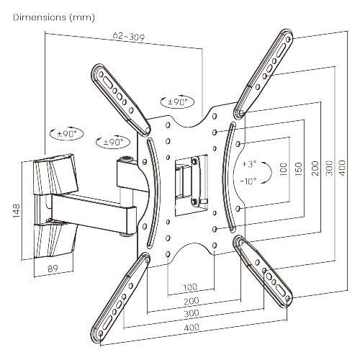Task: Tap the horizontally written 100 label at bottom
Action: point(191,287)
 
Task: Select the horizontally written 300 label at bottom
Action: point(191,315)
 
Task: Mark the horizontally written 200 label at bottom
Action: point(191,301)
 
